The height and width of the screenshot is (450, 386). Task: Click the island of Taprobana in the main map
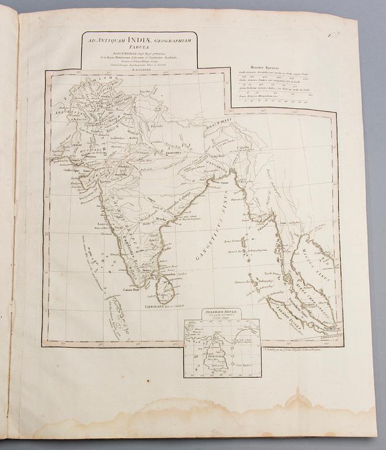165,289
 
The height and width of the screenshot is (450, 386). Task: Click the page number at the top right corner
346,37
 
